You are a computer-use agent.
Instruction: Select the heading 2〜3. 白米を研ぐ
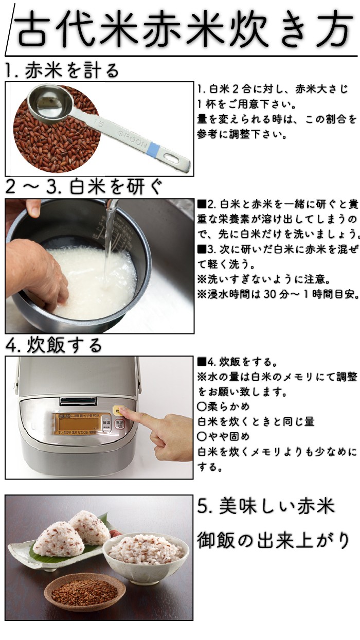click(x=84, y=187)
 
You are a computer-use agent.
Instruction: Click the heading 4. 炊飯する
click(x=53, y=345)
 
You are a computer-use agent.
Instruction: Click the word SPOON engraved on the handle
click(x=132, y=139)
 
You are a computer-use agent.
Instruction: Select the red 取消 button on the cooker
click(x=119, y=425)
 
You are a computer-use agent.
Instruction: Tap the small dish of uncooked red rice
click(x=84, y=592)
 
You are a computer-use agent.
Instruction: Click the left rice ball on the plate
click(x=58, y=540)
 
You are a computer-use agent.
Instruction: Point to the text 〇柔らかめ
click(x=223, y=406)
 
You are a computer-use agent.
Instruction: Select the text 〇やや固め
click(x=223, y=436)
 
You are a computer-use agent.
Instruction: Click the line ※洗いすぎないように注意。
click(x=264, y=279)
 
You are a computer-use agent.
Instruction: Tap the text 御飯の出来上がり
click(x=273, y=541)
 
